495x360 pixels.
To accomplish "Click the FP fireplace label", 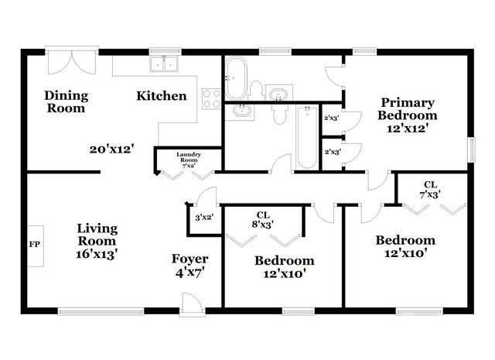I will click(x=34, y=245).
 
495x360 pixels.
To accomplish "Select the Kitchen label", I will click(x=162, y=96).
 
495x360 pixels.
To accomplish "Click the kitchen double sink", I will click(x=164, y=64).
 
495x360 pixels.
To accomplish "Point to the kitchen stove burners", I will click(x=211, y=98).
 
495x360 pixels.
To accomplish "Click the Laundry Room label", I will click(x=188, y=158).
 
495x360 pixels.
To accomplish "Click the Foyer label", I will click(x=190, y=266).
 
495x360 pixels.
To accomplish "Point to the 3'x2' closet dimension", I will click(x=204, y=218).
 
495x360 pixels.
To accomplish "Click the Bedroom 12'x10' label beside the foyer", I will click(x=285, y=267).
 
